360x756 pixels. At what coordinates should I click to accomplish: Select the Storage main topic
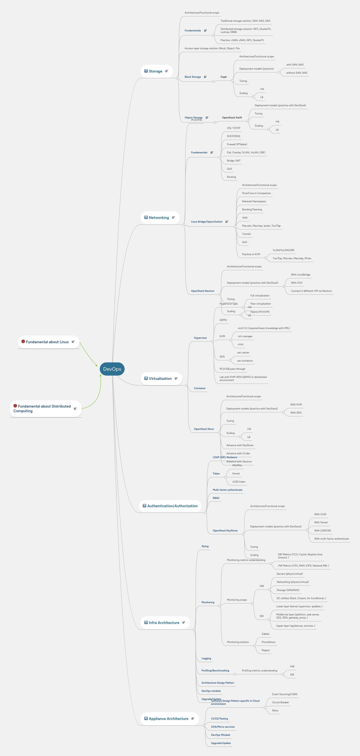[155, 71]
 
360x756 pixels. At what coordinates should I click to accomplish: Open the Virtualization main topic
[160, 379]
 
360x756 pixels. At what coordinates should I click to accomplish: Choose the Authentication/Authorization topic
[172, 506]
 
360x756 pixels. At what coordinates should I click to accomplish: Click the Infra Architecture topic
[164, 623]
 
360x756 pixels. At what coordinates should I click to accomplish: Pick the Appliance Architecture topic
[168, 719]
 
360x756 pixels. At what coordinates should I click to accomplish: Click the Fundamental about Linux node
[47, 342]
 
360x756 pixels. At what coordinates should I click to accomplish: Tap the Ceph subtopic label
[223, 77]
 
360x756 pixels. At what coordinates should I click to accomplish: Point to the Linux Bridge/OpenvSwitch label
[206, 222]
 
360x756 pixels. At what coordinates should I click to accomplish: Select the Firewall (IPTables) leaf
[237, 144]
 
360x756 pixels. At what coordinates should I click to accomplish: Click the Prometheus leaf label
[268, 642]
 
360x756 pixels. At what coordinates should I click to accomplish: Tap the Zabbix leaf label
[265, 634]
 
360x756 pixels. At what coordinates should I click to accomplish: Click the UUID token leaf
[239, 482]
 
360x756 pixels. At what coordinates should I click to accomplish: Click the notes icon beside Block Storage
[205, 77]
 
